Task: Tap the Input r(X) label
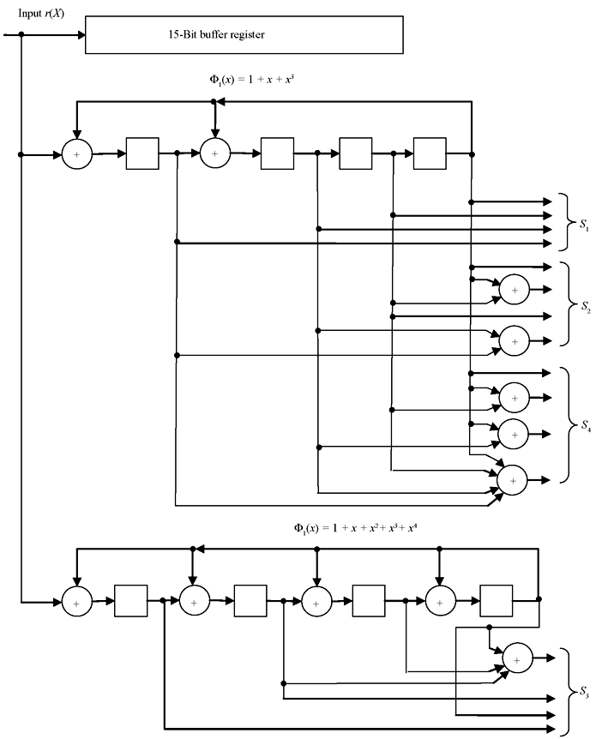coord(40,13)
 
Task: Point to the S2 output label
coord(585,305)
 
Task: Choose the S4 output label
coord(585,426)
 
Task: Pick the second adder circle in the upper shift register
coord(214,154)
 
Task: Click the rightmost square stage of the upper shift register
coord(429,154)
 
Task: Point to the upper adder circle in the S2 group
coord(515,291)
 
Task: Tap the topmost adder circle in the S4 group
coord(515,398)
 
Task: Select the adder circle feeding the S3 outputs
coord(517,658)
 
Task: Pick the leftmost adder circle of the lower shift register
coord(76,603)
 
